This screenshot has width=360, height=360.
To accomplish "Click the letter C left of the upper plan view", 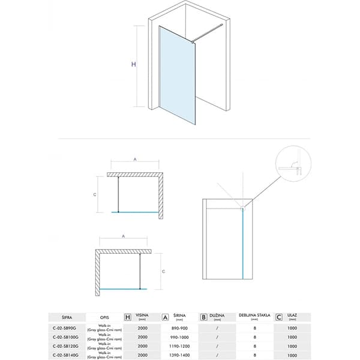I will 95,194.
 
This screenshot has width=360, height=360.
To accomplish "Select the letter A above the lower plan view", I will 123,236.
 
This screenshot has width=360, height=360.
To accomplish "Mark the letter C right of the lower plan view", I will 164,271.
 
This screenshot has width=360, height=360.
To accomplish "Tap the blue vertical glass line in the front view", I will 242,246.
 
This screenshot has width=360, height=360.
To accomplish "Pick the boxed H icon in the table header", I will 127,316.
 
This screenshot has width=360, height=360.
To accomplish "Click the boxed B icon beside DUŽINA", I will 204,316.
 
